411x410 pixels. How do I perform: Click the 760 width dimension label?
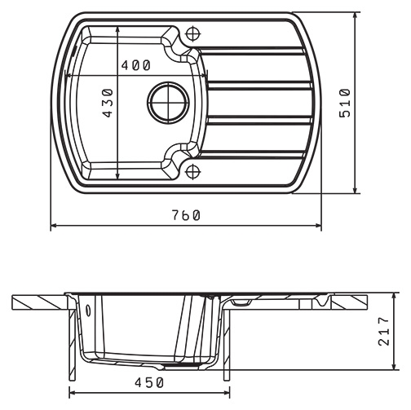(187, 215)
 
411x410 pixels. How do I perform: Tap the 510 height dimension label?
(345, 103)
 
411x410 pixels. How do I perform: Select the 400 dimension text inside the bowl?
(135, 65)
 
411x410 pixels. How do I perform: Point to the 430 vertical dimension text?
(108, 103)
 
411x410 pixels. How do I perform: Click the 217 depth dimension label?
(384, 331)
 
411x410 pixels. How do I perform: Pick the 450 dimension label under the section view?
(149, 383)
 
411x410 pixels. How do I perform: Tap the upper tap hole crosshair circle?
(193, 34)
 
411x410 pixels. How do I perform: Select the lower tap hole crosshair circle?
(192, 172)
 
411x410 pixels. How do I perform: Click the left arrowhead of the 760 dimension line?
(54, 225)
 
